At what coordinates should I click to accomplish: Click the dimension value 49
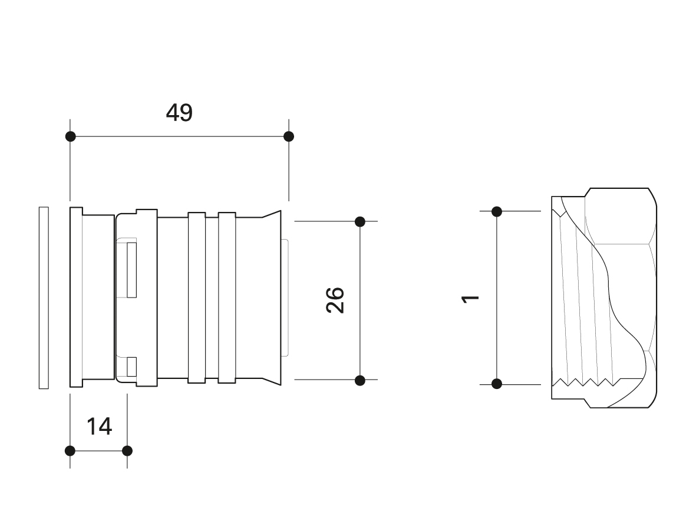(x=179, y=113)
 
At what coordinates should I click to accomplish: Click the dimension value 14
(x=99, y=427)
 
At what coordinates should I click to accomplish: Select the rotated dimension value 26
(x=335, y=300)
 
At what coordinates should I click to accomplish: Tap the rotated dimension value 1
(x=471, y=299)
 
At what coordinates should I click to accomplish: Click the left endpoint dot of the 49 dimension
(x=70, y=136)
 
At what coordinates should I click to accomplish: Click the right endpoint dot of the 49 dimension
(x=289, y=136)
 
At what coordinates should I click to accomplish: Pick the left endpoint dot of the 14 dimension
(x=70, y=451)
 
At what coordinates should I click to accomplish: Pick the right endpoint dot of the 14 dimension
(x=127, y=451)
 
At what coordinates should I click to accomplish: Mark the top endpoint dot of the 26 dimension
(x=360, y=221)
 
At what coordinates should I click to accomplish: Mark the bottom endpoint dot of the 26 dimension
(x=360, y=380)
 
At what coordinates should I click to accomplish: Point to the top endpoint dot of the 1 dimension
(x=497, y=212)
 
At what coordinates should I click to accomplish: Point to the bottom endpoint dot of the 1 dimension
(x=497, y=383)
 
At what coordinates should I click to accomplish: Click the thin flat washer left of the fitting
(x=44, y=298)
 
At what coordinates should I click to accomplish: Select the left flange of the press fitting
(x=77, y=297)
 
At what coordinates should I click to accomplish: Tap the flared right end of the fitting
(x=271, y=298)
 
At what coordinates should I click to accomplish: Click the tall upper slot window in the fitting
(x=131, y=270)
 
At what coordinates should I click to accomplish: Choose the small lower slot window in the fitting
(x=131, y=367)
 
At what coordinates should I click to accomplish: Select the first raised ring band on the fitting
(x=197, y=298)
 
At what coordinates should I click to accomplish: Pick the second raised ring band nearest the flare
(x=227, y=298)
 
